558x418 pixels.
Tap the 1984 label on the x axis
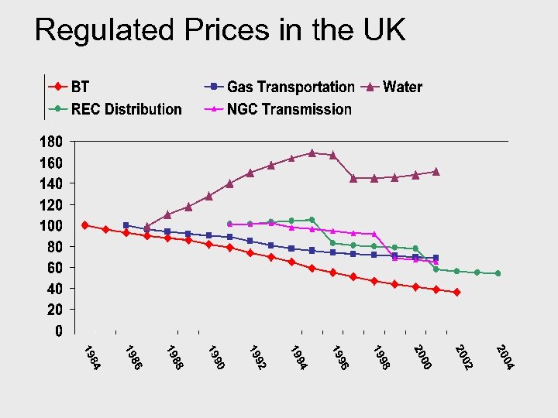tap(92, 357)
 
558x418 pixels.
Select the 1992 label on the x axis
tap(258, 357)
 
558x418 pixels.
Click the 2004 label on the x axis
tap(505, 357)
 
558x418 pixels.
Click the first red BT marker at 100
tap(84, 225)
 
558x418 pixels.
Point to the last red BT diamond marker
tap(456, 292)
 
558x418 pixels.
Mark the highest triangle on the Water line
tap(312, 152)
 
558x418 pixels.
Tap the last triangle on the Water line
tap(436, 171)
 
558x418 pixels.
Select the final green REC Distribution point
tap(498, 273)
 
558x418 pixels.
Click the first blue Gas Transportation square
tap(126, 225)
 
